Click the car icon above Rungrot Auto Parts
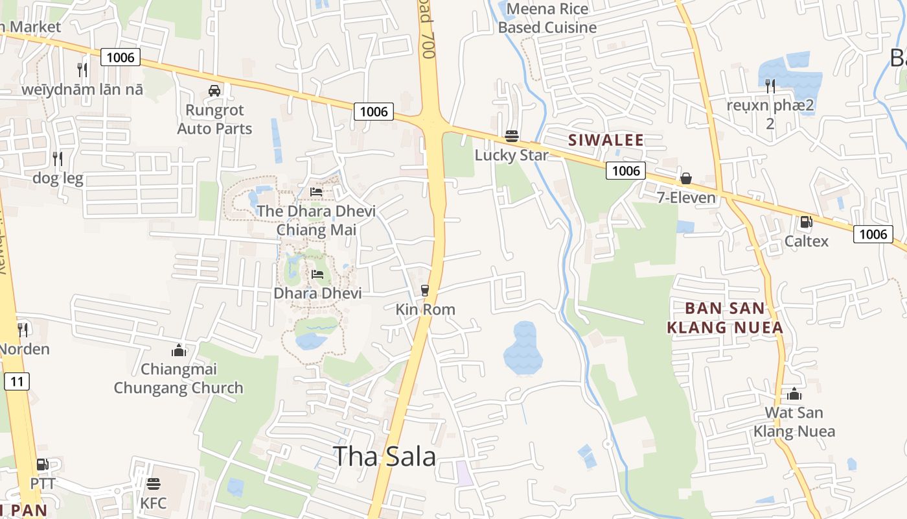pyautogui.click(x=214, y=91)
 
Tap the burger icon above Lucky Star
pyautogui.click(x=511, y=136)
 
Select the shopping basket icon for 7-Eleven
pyautogui.click(x=685, y=178)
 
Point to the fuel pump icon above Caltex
pyautogui.click(x=806, y=222)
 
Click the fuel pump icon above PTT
pyautogui.click(x=42, y=465)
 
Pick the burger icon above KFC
pyautogui.click(x=154, y=483)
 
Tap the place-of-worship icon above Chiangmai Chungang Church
pyautogui.click(x=178, y=351)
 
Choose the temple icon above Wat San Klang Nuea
pyautogui.click(x=794, y=394)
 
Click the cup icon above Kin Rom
pyautogui.click(x=425, y=290)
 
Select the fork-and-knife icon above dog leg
pyautogui.click(x=58, y=158)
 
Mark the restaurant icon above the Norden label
pyautogui.click(x=23, y=330)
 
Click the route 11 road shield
pyautogui.click(x=17, y=381)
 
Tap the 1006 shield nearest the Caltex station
pyautogui.click(x=873, y=234)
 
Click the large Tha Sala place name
pyautogui.click(x=384, y=457)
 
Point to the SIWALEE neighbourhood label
pyautogui.click(x=606, y=139)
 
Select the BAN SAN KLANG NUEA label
pyautogui.click(x=725, y=317)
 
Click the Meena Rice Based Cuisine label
pyautogui.click(x=547, y=18)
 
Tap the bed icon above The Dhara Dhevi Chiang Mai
pyautogui.click(x=316, y=192)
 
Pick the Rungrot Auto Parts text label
pyautogui.click(x=214, y=119)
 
